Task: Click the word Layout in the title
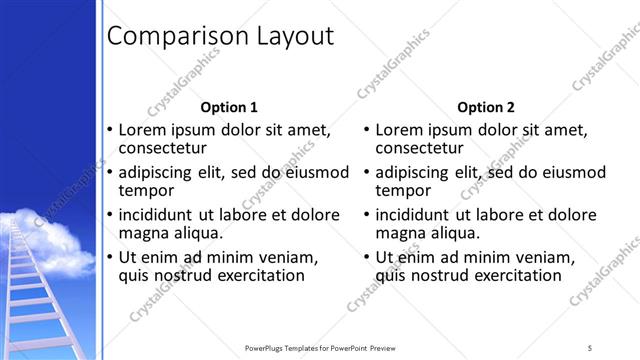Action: click(x=287, y=37)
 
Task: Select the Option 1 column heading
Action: click(x=229, y=107)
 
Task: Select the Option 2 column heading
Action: click(x=485, y=107)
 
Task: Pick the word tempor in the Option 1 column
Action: click(x=147, y=190)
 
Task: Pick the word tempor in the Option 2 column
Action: click(x=403, y=190)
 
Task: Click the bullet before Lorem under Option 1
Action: click(x=110, y=130)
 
